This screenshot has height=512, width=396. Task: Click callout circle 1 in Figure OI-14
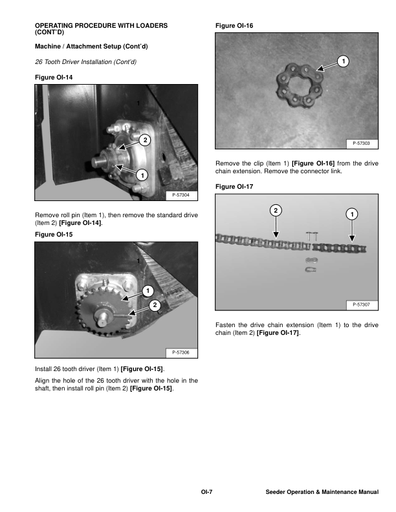pos(142,175)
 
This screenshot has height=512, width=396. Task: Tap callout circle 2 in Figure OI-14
pos(145,140)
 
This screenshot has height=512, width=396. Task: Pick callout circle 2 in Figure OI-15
pos(154,305)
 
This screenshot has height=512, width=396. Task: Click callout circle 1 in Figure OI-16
pos(343,61)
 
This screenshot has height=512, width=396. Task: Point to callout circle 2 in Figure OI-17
pos(276,211)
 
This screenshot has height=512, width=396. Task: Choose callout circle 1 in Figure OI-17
pos(351,214)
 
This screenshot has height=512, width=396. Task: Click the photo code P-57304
pos(181,195)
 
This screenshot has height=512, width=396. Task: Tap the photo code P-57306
pos(181,352)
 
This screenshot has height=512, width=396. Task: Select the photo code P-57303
pos(362,143)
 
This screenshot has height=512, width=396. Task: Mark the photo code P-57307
pos(362,304)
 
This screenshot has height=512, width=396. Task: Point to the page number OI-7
pos(206,493)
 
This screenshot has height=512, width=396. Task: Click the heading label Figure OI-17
pos(234,187)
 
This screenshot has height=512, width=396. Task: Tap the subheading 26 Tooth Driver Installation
pos(85,61)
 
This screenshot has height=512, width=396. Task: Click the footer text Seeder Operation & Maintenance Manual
pos(322,493)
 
